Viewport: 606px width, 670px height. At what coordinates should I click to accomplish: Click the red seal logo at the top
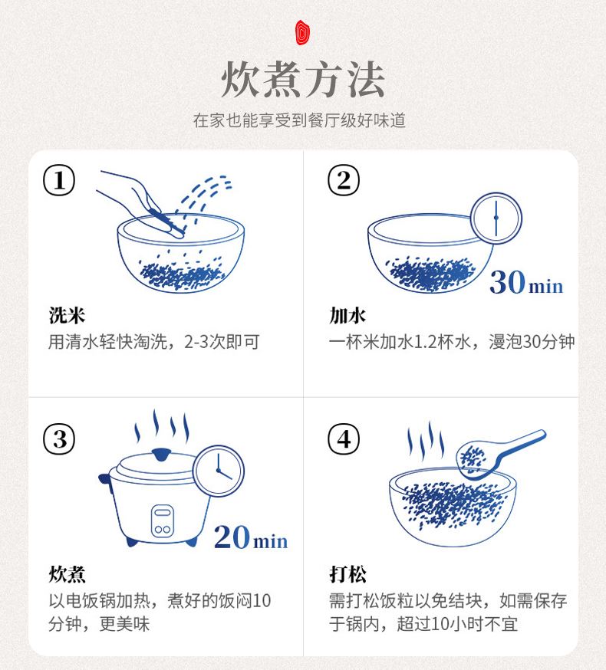tap(303, 32)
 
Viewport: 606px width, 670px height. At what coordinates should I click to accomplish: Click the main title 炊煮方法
tap(303, 80)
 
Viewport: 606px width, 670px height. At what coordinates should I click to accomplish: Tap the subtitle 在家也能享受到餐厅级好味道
tap(299, 120)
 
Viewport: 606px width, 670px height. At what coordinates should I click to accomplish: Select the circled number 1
tap(59, 180)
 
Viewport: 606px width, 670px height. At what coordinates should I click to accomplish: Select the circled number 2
tap(344, 180)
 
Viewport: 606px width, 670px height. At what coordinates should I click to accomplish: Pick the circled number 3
tap(59, 439)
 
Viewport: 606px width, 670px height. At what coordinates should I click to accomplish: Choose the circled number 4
tap(344, 439)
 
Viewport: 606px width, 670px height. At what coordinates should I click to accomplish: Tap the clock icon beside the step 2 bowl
tap(496, 218)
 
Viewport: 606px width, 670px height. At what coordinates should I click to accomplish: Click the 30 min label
tap(526, 282)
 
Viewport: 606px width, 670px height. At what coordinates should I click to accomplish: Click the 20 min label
tap(251, 537)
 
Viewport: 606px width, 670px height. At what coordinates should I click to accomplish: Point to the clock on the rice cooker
tap(219, 471)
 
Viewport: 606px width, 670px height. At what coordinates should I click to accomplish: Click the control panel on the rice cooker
tap(163, 521)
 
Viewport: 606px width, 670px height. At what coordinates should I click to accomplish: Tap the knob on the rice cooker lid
tap(161, 455)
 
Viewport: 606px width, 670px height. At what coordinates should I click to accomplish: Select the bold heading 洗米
tap(68, 315)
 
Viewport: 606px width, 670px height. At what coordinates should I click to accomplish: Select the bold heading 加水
tap(347, 315)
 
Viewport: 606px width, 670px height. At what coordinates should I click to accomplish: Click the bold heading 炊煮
tap(68, 574)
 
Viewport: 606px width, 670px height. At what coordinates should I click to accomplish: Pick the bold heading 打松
tap(347, 574)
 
